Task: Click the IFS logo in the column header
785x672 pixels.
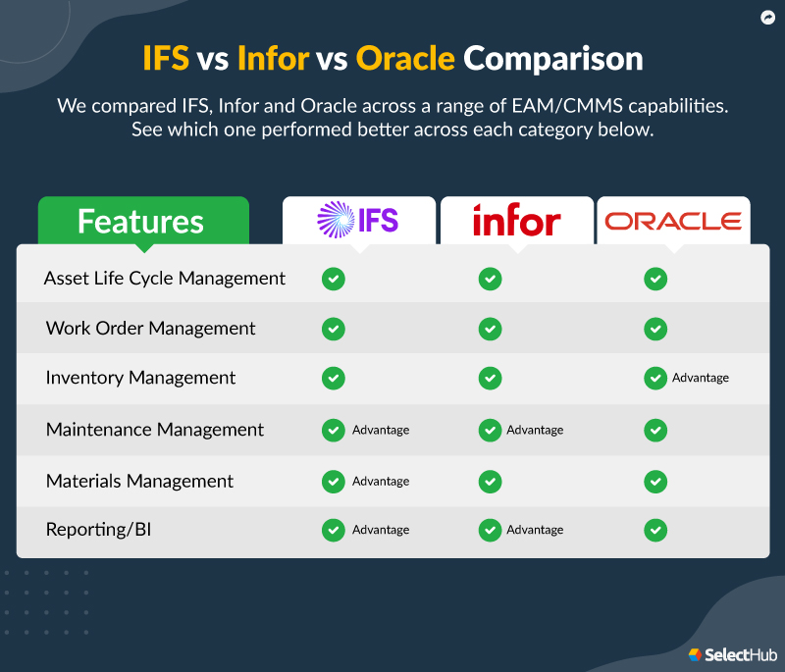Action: coord(358,220)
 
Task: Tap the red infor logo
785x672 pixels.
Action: coord(516,221)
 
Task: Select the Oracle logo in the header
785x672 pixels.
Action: coord(673,221)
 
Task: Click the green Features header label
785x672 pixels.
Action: coord(141,221)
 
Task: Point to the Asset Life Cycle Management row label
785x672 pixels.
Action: coord(165,278)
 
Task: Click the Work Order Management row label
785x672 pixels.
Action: coord(150,329)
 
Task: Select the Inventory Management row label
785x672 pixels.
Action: coord(140,378)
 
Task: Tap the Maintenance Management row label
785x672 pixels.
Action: coord(154,430)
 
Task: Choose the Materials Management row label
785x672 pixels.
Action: coord(139,481)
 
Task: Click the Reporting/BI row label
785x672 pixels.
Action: coord(98,530)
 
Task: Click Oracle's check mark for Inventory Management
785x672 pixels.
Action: coord(655,378)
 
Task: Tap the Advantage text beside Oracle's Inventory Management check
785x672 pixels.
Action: coord(701,378)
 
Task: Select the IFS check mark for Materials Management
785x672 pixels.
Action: coord(334,481)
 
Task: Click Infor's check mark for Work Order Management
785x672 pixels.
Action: coord(490,329)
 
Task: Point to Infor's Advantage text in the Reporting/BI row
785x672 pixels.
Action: coord(535,530)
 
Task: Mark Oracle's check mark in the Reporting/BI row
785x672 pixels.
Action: coord(655,530)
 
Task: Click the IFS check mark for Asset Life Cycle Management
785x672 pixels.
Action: coord(334,279)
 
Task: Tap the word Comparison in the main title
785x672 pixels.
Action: coord(553,59)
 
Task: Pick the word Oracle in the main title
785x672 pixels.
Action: coord(405,59)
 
